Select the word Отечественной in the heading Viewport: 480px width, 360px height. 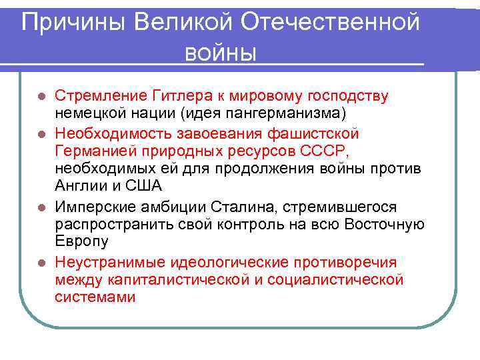(331, 23)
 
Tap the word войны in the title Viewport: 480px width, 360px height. (221, 51)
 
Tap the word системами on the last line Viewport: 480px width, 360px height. (95, 297)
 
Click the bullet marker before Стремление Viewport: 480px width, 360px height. (42, 96)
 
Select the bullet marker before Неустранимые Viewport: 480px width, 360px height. (42, 262)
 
